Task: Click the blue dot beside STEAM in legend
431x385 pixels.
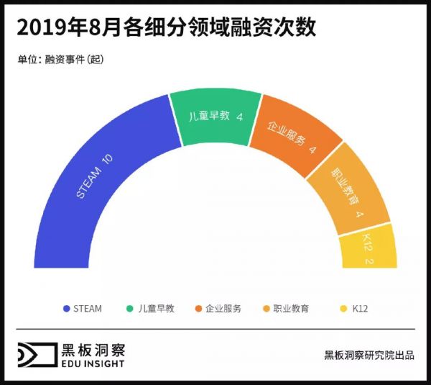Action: [x=67, y=309]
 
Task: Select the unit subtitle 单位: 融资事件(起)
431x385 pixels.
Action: [x=61, y=60]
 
